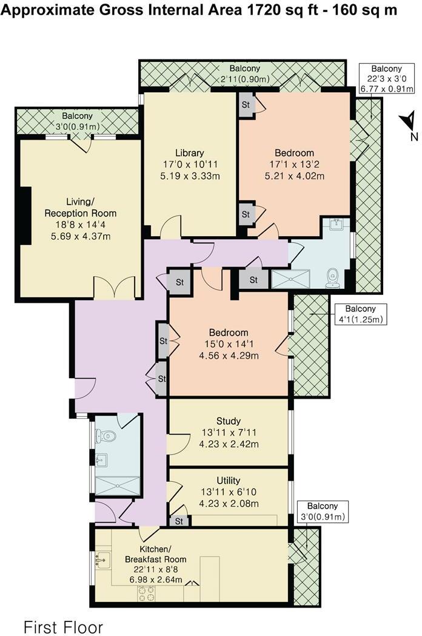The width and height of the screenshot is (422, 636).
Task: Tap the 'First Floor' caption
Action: [x=63, y=627]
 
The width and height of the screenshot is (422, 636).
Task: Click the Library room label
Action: [x=189, y=153]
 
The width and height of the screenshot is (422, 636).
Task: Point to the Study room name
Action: [x=229, y=421]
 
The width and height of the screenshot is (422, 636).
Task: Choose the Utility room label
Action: [x=229, y=481]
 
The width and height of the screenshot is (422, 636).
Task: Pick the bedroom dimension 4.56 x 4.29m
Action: [x=229, y=356]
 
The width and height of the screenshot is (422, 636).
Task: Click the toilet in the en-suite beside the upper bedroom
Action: [x=332, y=277]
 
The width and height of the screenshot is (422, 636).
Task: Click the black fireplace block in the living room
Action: [x=26, y=216]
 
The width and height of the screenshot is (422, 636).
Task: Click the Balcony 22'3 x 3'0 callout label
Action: [x=386, y=79]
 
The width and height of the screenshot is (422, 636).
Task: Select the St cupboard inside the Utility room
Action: [x=179, y=521]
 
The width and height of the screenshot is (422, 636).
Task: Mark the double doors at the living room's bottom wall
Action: [x=115, y=287]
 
